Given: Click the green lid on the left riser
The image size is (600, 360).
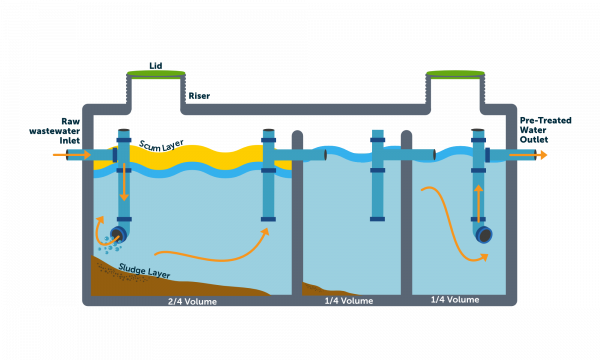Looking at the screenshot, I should tap(155, 73).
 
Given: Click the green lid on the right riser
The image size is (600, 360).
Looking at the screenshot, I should tap(455, 73).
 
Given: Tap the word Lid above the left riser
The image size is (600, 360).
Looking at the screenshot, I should tap(155, 63).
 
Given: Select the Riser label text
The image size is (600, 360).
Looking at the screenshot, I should tap(199, 96).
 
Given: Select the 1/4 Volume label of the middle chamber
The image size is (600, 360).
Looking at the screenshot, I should tap(349, 301).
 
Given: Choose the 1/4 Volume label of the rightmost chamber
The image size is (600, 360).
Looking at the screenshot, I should tap(454, 300).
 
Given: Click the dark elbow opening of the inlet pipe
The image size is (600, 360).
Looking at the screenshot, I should tap(118, 234).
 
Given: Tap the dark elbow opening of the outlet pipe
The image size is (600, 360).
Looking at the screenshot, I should tap(484, 234).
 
